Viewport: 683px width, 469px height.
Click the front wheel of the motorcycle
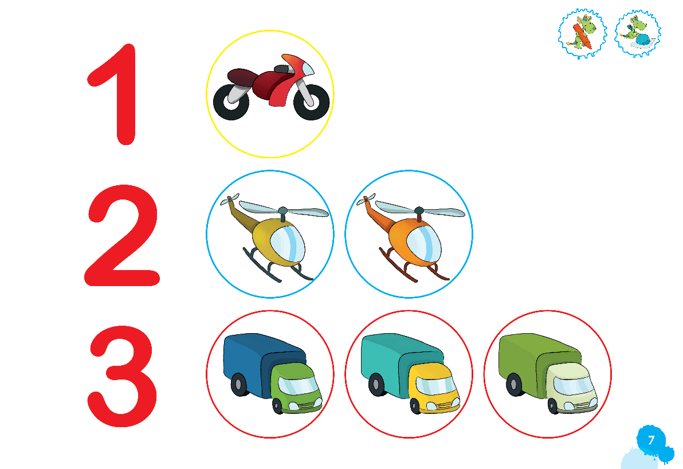[x=311, y=102]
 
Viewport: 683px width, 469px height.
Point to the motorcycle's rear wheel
[x=231, y=102]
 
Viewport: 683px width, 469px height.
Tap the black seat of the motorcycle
[x=282, y=69]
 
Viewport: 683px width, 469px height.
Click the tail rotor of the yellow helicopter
[x=230, y=199]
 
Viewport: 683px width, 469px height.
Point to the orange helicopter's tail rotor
[x=366, y=199]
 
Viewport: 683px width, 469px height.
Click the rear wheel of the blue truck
[x=239, y=385]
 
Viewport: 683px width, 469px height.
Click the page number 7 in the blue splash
[x=651, y=440]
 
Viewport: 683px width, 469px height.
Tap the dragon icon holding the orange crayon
[x=582, y=34]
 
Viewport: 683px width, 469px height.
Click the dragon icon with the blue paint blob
[x=638, y=34]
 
